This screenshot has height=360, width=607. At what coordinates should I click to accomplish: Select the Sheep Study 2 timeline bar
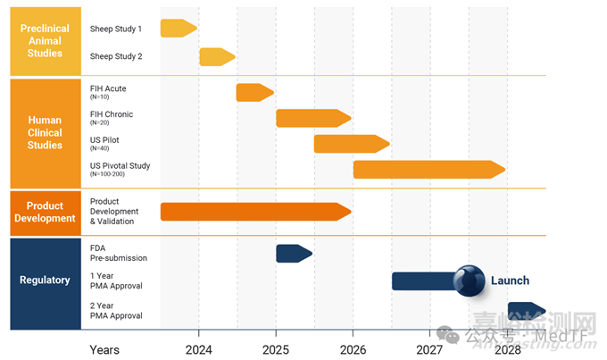click(x=217, y=57)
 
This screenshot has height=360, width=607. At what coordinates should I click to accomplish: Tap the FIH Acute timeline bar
click(x=254, y=92)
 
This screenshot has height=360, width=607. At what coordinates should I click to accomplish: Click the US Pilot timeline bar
click(x=351, y=144)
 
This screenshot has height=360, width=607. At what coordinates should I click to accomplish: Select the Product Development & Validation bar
click(x=255, y=212)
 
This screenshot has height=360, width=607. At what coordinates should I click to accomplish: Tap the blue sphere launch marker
click(x=469, y=280)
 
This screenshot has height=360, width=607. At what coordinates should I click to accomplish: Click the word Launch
click(x=510, y=280)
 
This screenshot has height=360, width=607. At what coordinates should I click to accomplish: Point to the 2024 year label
click(x=198, y=349)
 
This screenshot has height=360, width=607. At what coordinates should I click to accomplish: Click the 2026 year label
click(x=353, y=349)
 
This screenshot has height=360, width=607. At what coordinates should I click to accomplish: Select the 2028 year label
click(x=507, y=349)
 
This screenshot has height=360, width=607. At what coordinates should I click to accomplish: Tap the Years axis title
click(x=104, y=349)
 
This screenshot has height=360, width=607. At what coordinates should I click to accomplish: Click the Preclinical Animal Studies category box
click(x=45, y=41)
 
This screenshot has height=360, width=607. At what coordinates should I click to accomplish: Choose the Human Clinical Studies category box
click(x=45, y=132)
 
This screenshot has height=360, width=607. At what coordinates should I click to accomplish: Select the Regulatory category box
click(x=45, y=280)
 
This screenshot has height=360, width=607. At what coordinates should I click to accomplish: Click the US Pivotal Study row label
click(x=120, y=167)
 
